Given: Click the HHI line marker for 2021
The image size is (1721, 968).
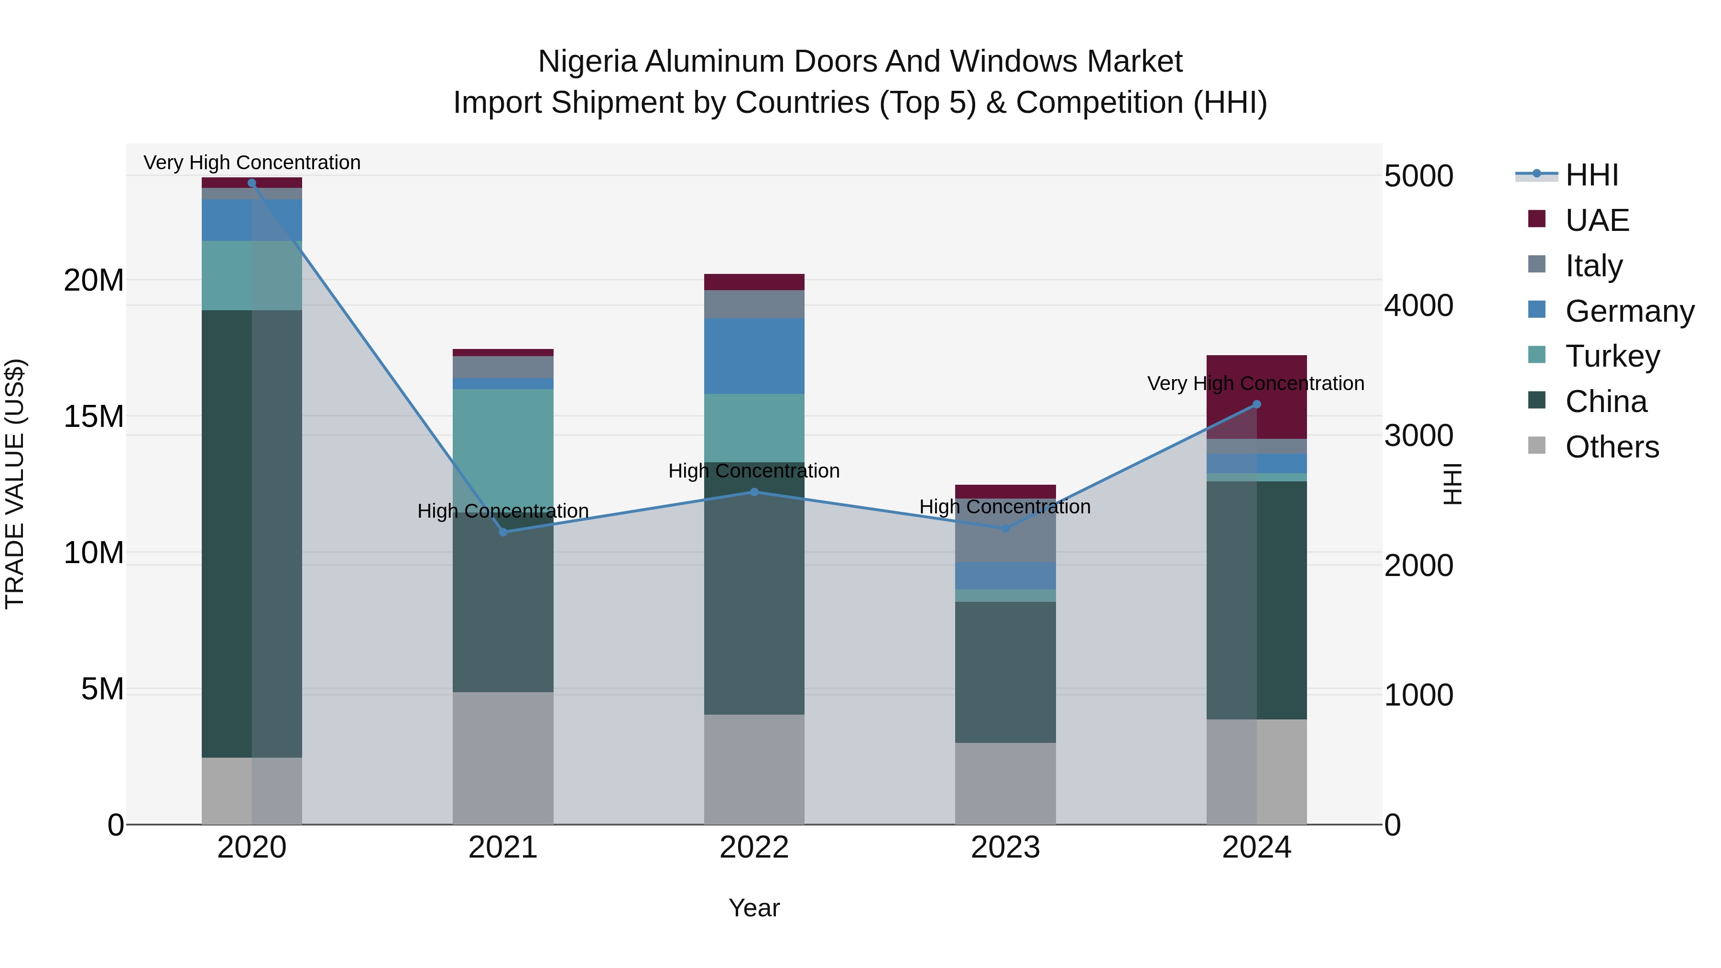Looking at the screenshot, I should (x=503, y=532).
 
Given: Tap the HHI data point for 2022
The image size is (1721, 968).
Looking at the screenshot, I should (x=754, y=492).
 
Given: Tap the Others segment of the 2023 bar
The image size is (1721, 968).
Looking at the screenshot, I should (x=1005, y=783).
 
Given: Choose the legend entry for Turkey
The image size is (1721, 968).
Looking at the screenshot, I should (x=1612, y=356).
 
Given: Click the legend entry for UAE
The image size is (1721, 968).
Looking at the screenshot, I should (x=1596, y=220).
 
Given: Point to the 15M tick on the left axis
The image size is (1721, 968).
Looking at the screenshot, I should (x=94, y=416).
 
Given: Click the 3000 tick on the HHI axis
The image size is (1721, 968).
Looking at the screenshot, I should (x=1418, y=435).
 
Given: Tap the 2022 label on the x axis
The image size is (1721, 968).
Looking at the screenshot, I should (x=754, y=848).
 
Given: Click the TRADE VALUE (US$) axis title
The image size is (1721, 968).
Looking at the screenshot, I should (x=15, y=484).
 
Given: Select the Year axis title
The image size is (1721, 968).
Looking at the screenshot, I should (x=754, y=908).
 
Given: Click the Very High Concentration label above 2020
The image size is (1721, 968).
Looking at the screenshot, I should (x=252, y=163).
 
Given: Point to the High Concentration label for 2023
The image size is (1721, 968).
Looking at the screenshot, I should (x=1005, y=506).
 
